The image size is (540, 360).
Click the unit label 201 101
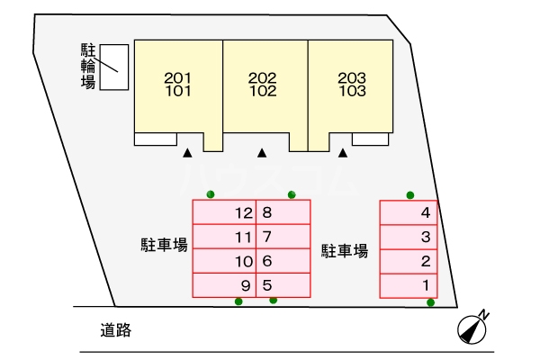click(177, 84)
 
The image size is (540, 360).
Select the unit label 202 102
click(262, 84)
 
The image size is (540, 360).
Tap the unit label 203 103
click(352, 84)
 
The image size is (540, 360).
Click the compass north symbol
click(473, 328)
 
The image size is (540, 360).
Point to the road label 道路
click(116, 330)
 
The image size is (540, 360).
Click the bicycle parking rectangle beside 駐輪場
click(113, 66)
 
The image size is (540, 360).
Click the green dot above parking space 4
click(410, 194)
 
